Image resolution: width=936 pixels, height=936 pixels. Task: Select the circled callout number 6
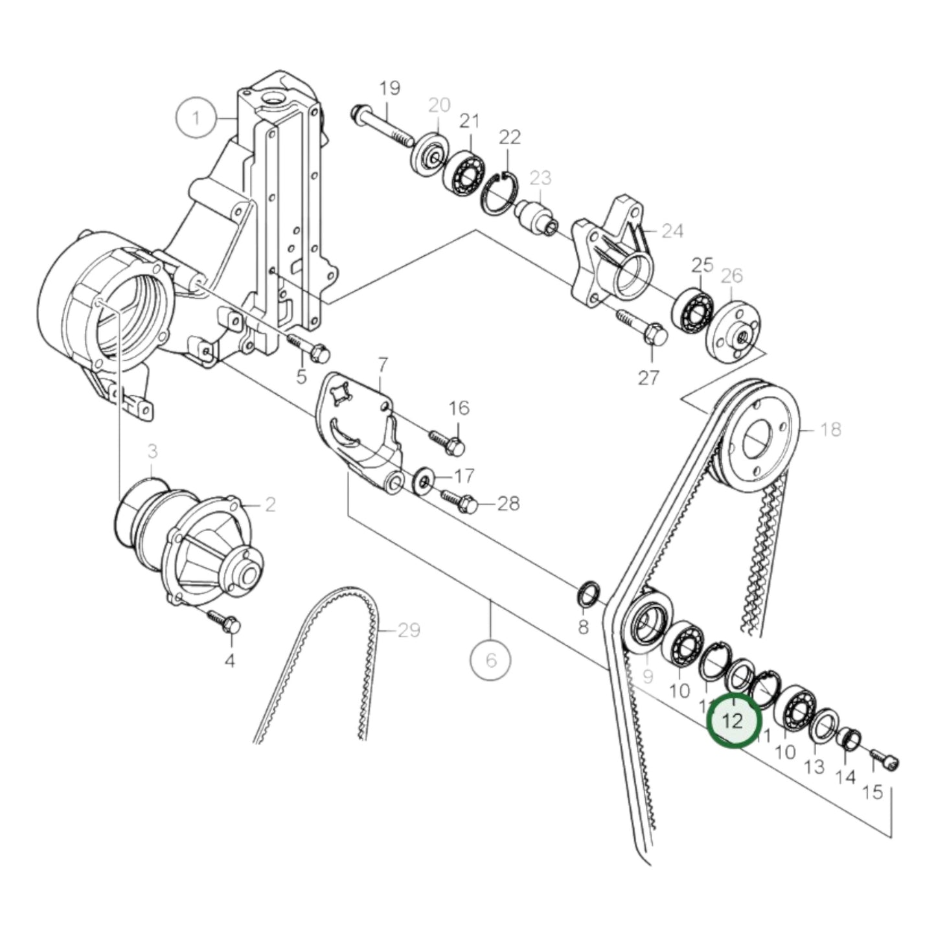point(490,660)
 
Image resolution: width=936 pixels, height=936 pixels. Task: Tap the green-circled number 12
point(734,720)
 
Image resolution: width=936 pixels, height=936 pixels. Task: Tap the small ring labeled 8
point(588,595)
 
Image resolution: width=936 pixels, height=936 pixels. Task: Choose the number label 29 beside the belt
point(409,630)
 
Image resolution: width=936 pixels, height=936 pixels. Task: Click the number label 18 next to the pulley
point(830,429)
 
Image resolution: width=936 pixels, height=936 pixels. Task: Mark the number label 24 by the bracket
point(672,230)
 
